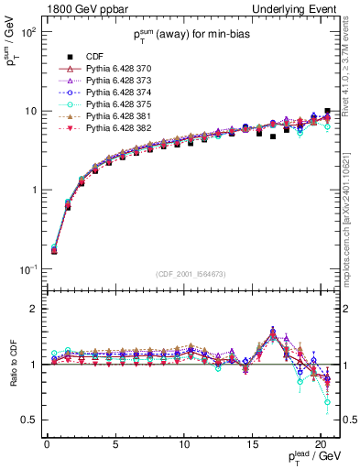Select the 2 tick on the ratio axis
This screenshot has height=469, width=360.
(x=37, y=309)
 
